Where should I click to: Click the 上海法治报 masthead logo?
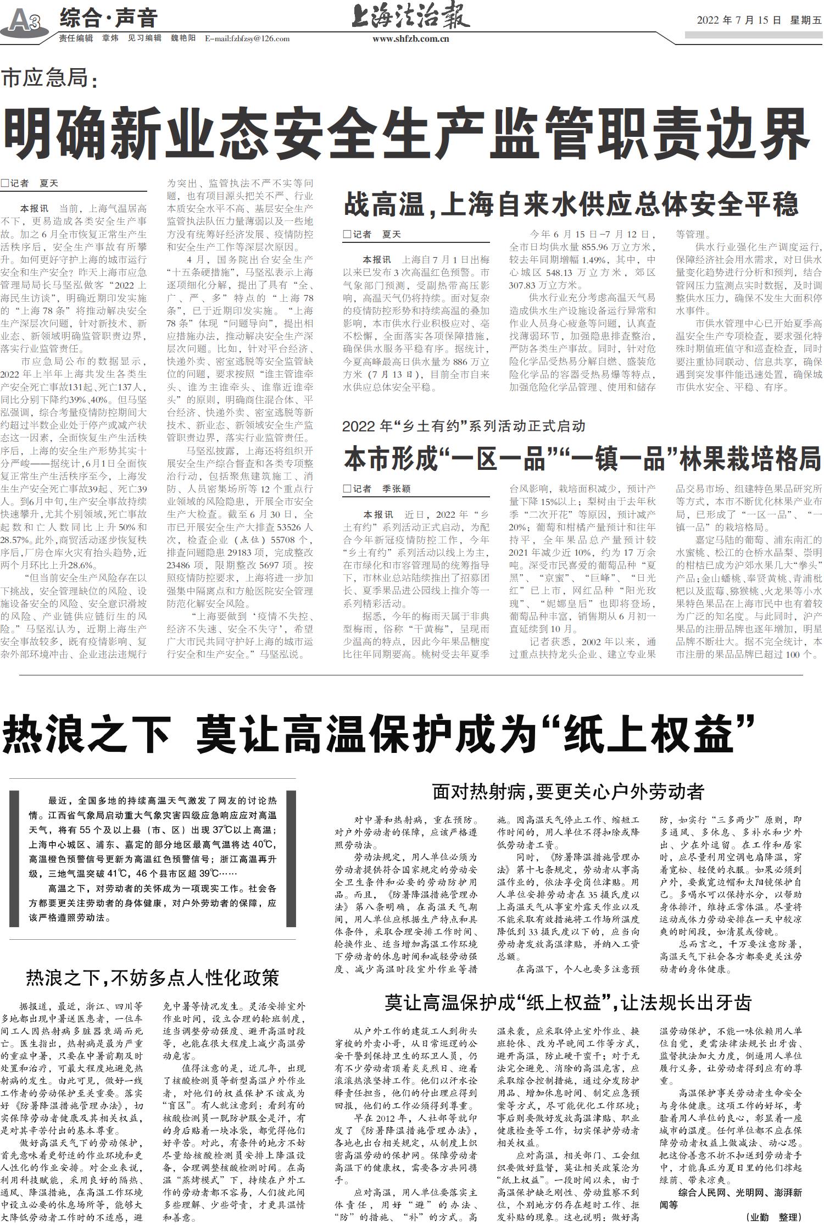[x=411, y=16]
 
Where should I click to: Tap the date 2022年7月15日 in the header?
[x=739, y=20]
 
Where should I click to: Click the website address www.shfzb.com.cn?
[x=411, y=39]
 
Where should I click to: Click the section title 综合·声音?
[x=108, y=18]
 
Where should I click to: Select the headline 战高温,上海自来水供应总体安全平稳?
[x=571, y=205]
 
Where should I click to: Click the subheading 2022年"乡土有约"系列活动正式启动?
[x=464, y=426]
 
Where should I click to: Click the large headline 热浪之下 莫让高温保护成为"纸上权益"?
[x=379, y=735]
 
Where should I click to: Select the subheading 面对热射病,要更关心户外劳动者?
[x=568, y=791]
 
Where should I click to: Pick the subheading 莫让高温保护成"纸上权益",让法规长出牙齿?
[x=567, y=1003]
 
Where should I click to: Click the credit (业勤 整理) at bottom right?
[x=774, y=1217]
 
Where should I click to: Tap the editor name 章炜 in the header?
[x=110, y=38]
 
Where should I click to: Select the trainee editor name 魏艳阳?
[x=183, y=38]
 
